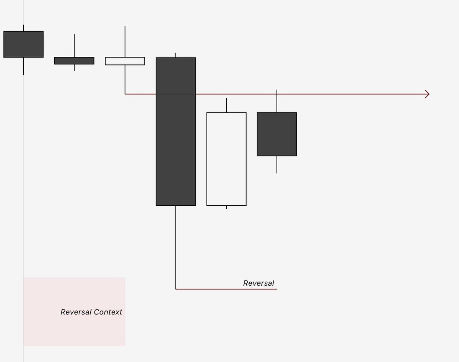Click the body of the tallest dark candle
point(176,153)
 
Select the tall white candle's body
point(226,159)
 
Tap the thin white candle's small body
point(125,61)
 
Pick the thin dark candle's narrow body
point(74,61)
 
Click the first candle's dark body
point(23,44)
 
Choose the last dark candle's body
point(277,134)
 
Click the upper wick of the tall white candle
point(226,105)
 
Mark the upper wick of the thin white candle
point(125,41)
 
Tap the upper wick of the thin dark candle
point(74,45)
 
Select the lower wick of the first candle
point(23,66)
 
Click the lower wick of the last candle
point(277,164)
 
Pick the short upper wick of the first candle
point(23,28)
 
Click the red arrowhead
point(427,94)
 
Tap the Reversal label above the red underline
point(259,283)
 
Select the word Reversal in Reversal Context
point(76,312)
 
